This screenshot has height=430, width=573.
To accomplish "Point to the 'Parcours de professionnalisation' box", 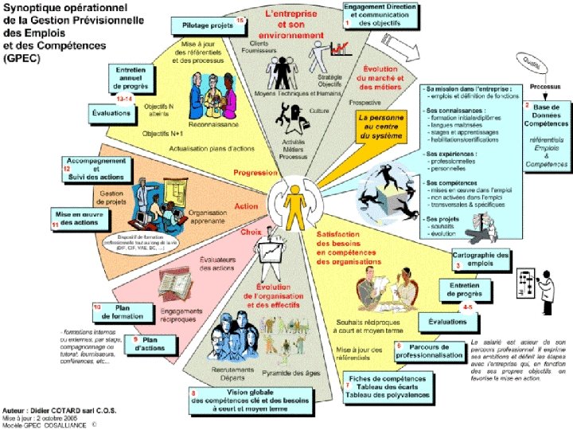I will [430, 351].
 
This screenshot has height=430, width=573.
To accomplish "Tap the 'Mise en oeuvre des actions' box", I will [80, 217].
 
